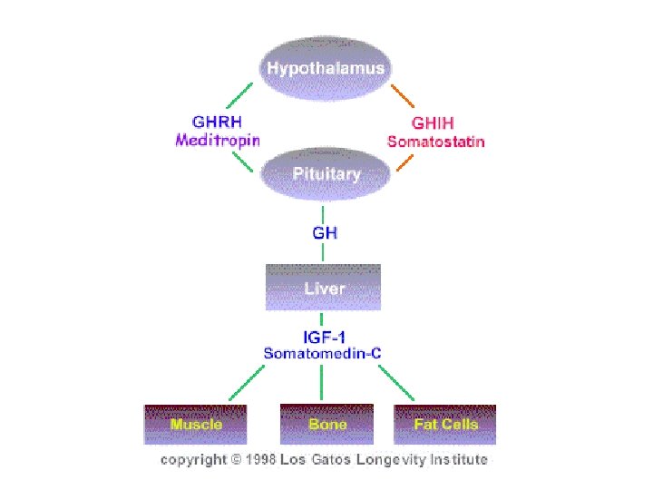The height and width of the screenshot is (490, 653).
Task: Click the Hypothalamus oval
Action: point(325,69)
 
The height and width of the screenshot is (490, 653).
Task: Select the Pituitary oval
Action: point(325,173)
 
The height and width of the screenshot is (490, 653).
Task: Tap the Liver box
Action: point(324,288)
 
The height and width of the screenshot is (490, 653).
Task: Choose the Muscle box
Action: point(196,424)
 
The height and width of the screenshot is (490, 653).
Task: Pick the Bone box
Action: point(326,424)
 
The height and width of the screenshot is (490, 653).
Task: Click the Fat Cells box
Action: point(445,424)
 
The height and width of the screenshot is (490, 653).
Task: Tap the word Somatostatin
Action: point(436,141)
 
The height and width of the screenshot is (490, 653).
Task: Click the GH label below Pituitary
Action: point(325,232)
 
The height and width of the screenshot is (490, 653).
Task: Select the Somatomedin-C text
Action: point(325,352)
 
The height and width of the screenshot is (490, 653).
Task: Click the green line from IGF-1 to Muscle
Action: point(249,382)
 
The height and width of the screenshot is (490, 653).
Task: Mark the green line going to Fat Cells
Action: point(397,382)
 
